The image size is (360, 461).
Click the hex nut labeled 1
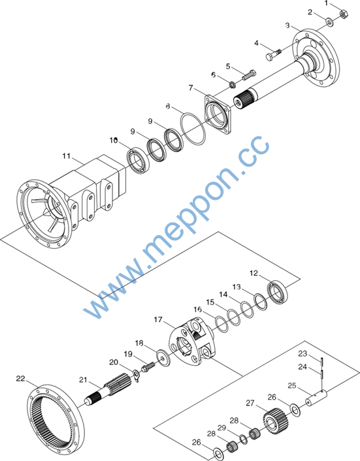tap(344, 14)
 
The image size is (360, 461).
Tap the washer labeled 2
tap(329, 22)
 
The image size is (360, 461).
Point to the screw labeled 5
tap(249, 75)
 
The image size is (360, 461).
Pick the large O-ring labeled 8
tap(193, 129)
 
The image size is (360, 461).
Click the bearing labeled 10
tap(138, 161)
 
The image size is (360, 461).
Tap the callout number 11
tap(67, 156)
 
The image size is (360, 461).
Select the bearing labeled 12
tap(278, 293)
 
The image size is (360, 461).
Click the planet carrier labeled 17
tap(193, 341)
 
